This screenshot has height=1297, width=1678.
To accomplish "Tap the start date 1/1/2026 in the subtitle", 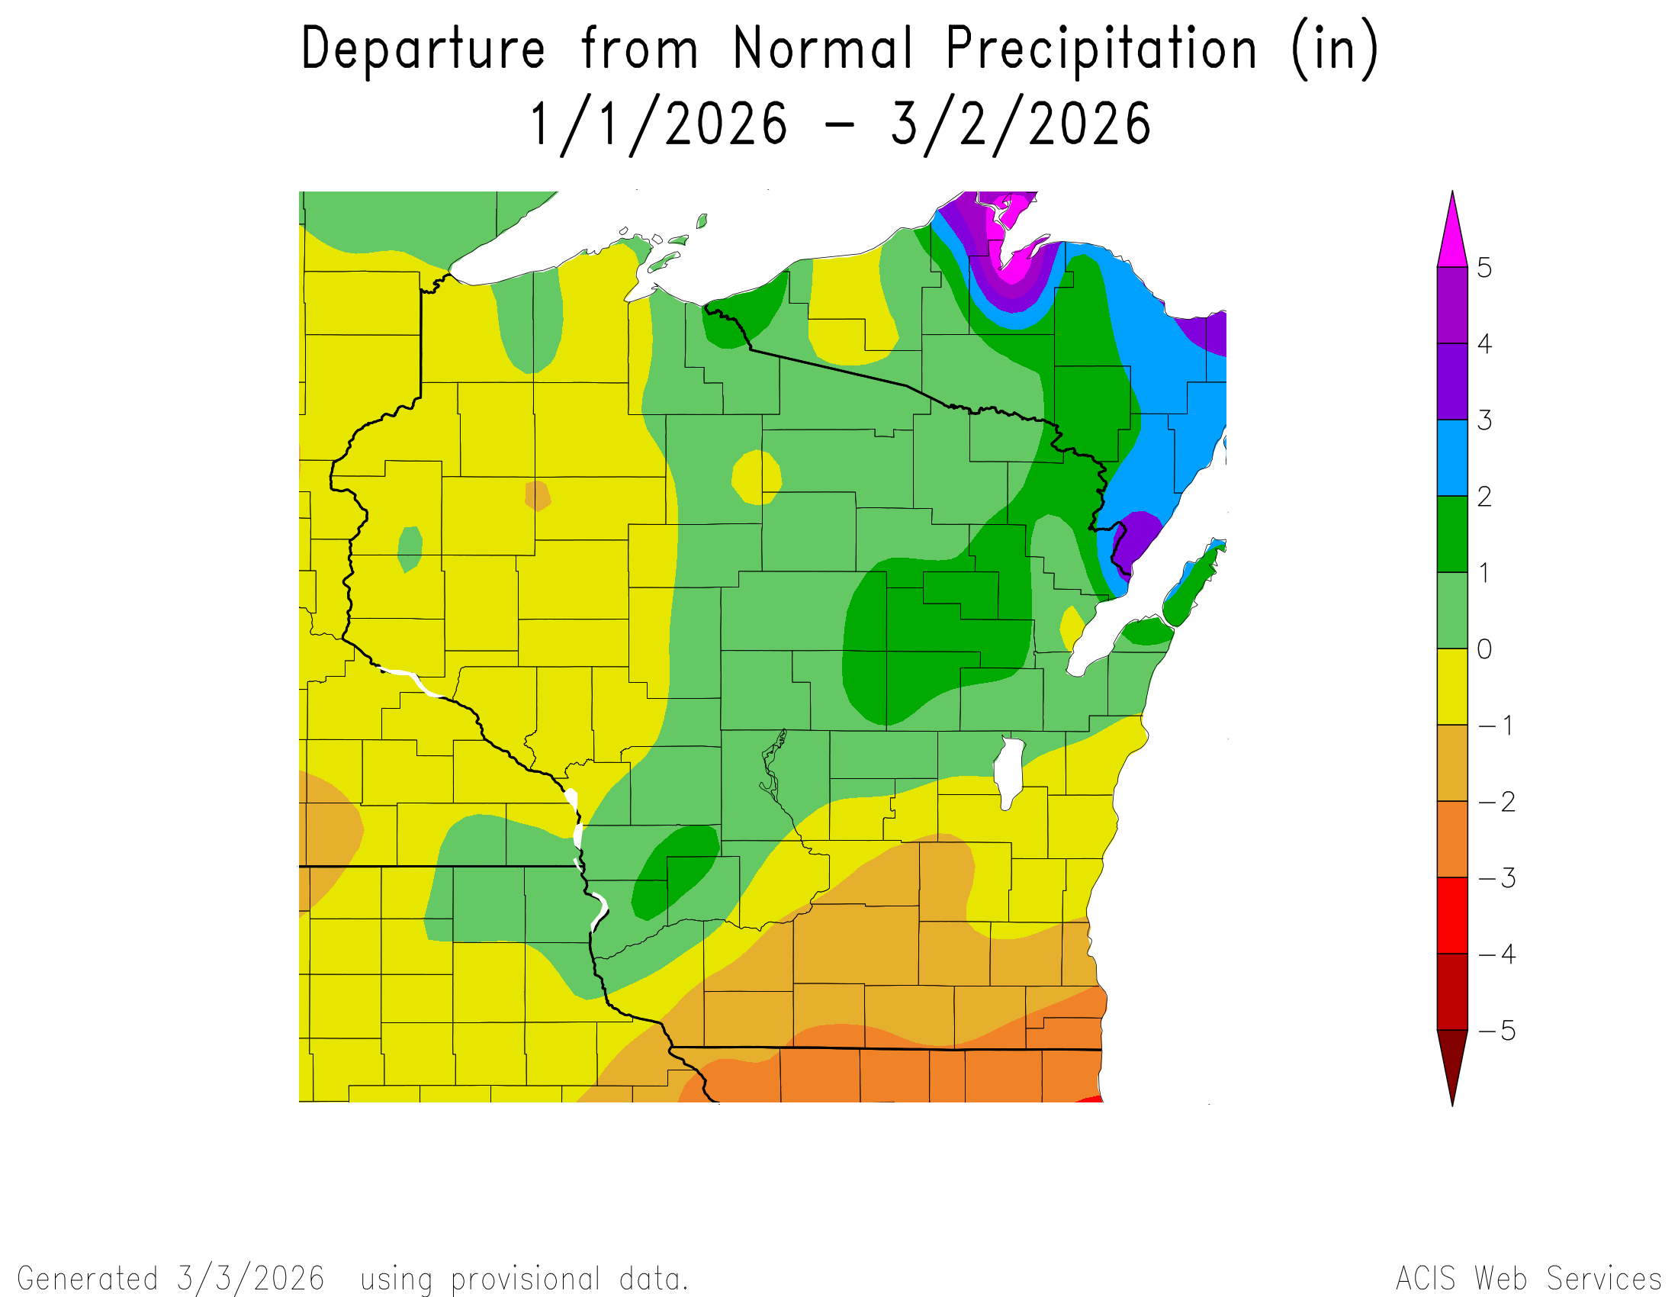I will tap(659, 125).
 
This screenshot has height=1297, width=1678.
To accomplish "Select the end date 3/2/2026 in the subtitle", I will tap(1021, 125).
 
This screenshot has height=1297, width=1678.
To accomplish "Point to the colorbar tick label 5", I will tap(1484, 268).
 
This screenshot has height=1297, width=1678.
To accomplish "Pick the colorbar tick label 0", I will tap(1484, 649).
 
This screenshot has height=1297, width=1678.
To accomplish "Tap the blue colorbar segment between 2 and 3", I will tap(1451, 458).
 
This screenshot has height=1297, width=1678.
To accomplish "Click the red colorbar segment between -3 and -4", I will tap(1451, 915).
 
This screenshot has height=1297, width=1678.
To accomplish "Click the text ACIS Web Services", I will tap(1529, 1279).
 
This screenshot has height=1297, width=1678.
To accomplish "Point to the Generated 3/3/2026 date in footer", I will tap(249, 1279).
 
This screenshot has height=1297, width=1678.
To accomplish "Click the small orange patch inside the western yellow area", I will tap(538, 496).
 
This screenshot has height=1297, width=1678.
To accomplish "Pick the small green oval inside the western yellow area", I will tap(410, 549).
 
